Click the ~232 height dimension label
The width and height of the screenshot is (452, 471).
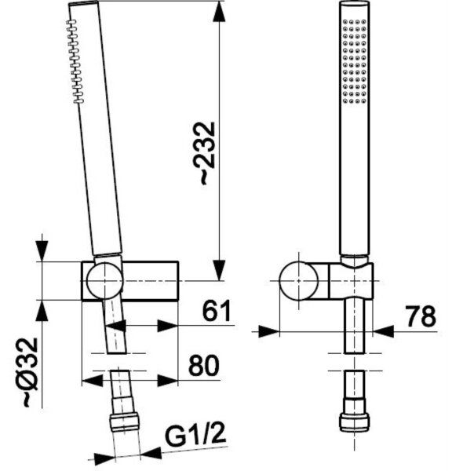point(208,153)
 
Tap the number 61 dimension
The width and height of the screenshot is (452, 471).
point(217,311)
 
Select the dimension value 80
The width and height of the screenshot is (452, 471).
point(204,365)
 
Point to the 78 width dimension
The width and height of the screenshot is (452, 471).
point(421,316)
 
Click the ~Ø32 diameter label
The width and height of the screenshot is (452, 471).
point(31,372)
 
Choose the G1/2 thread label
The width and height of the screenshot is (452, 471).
point(195,435)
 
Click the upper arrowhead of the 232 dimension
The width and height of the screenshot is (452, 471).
point(219,12)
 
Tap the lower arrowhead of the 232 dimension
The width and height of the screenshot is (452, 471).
point(219,270)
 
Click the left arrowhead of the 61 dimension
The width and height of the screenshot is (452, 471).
point(115,326)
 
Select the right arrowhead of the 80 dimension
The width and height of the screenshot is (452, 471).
point(167,381)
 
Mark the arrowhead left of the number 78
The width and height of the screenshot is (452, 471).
point(383,331)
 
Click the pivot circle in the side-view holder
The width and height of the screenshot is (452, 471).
point(105,280)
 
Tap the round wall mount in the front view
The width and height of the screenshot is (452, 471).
point(298,280)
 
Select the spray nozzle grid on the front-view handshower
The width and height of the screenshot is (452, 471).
point(355,61)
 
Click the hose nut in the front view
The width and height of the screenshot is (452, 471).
point(355,422)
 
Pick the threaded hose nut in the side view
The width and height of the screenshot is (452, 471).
point(125,422)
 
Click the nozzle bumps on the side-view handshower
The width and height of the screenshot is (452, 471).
point(74,61)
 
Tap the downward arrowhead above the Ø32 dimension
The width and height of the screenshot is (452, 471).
point(42,252)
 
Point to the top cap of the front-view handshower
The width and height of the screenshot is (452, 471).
point(355,3)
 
